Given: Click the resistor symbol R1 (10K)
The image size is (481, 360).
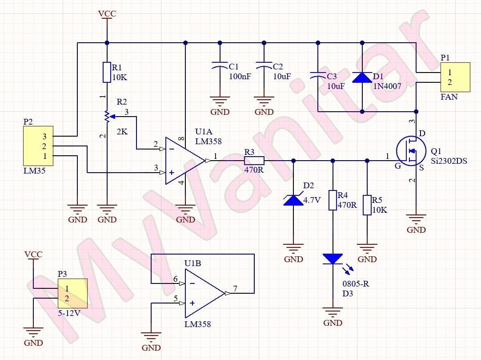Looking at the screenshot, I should click(107, 73).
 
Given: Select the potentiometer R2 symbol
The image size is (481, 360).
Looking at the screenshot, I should click(107, 117).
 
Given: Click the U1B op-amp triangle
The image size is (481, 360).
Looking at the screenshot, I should click(203, 293).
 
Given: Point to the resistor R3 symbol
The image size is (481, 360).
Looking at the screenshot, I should click(254, 161).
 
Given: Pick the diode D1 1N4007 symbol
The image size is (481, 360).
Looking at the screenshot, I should click(362, 77).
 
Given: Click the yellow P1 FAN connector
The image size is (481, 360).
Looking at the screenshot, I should click(455, 77).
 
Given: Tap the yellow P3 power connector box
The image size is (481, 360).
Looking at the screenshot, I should click(72, 293).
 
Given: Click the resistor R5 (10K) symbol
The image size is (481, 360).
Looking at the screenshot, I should click(367, 205).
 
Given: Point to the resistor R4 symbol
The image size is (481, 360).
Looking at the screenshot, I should click(333, 200).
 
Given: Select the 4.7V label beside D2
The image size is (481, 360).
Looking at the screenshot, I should click(312, 200).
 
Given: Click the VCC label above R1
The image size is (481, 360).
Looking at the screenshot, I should click(107, 14).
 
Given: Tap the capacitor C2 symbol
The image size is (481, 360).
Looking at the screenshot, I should click(264, 67).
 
